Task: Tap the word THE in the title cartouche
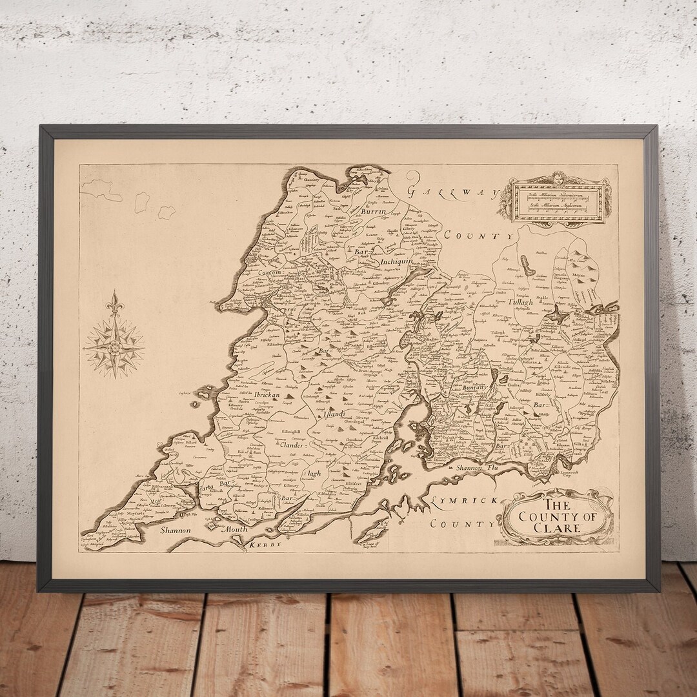click(x=556, y=504)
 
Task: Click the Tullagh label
click(x=521, y=303)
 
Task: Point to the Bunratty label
click(x=474, y=388)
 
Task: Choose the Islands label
click(x=336, y=412)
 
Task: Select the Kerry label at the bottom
click(x=265, y=545)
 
